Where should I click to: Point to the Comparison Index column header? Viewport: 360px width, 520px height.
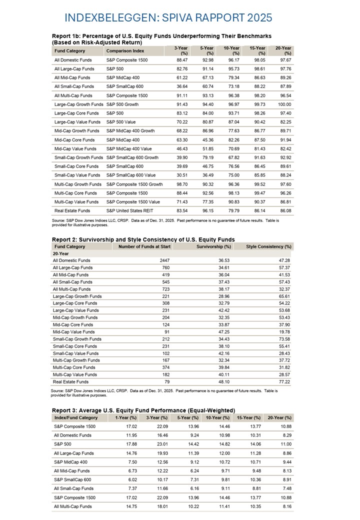(x=125, y=50)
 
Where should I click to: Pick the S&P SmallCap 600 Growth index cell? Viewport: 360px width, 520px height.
(x=134, y=157)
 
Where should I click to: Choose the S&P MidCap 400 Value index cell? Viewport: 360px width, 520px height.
(x=129, y=148)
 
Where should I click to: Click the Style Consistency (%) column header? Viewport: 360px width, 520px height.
(x=268, y=246)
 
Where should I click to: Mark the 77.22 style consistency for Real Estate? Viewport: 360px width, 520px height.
(x=284, y=381)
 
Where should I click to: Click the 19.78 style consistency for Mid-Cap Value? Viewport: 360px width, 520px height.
(x=284, y=331)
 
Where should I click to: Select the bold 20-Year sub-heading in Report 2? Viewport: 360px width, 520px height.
(x=62, y=253)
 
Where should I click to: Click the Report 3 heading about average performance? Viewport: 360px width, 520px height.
(x=143, y=410)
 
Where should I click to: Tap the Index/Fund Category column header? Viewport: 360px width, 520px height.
(x=76, y=417)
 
